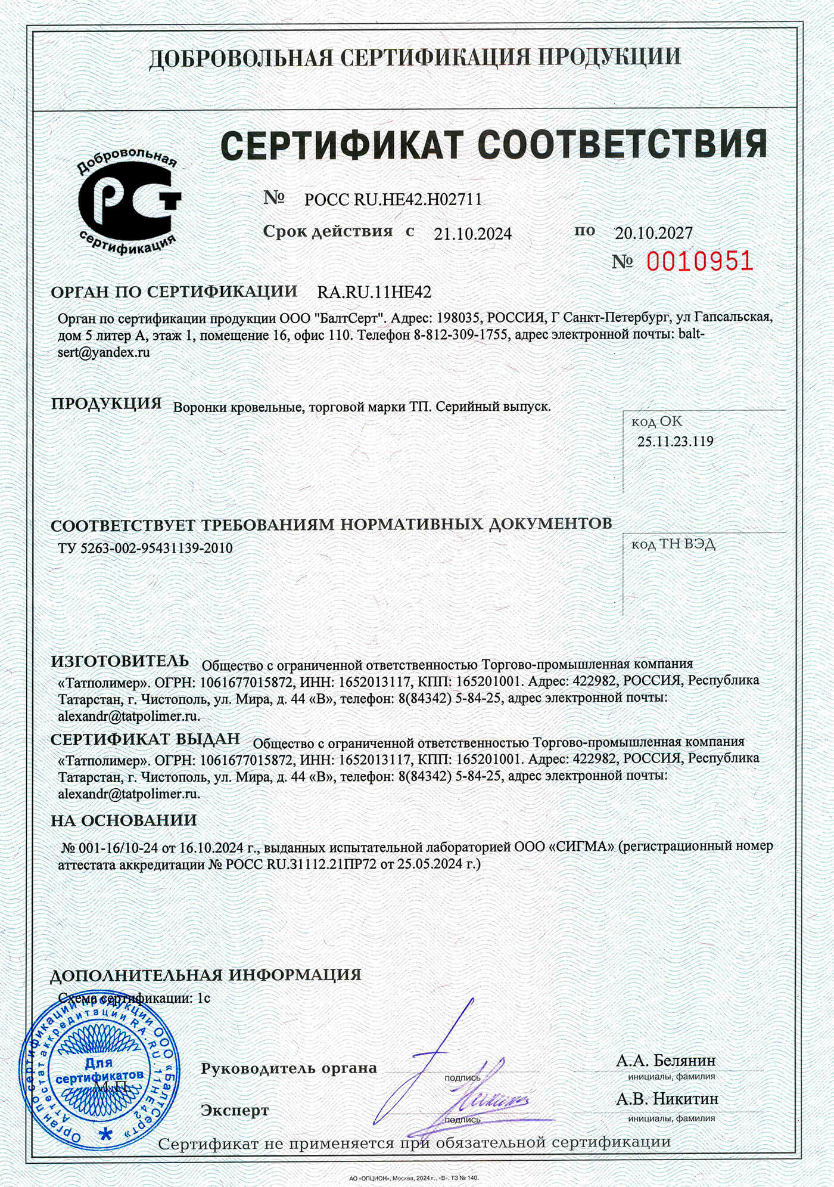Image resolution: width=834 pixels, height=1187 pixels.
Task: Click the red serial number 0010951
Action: (x=699, y=261)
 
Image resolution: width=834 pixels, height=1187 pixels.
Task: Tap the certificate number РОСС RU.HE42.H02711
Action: (x=393, y=199)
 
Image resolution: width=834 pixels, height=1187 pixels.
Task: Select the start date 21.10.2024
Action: (x=472, y=234)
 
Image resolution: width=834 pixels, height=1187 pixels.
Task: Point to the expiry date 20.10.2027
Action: (x=653, y=233)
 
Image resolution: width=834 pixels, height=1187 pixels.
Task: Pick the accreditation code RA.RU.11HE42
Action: (x=374, y=292)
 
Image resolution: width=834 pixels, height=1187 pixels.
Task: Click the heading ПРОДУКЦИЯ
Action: (x=107, y=404)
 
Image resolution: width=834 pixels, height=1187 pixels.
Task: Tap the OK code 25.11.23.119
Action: (x=675, y=442)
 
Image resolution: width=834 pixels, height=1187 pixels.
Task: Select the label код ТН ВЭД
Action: (x=673, y=544)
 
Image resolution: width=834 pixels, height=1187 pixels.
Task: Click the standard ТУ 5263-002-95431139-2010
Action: (x=145, y=548)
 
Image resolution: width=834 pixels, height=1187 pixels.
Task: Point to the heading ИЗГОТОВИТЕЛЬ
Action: (x=120, y=661)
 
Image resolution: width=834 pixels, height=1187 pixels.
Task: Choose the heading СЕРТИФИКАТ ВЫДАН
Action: (x=145, y=739)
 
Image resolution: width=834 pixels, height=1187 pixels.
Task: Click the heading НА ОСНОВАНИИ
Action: (x=123, y=820)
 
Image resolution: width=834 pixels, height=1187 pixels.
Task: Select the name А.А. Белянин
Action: (x=665, y=1061)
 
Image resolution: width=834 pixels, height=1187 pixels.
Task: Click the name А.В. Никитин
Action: (x=667, y=1098)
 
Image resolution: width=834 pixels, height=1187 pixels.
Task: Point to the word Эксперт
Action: (x=235, y=1110)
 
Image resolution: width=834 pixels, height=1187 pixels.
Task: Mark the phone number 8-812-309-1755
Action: (x=461, y=334)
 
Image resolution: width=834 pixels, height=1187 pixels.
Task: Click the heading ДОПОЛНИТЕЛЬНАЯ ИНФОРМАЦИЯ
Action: (x=206, y=975)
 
